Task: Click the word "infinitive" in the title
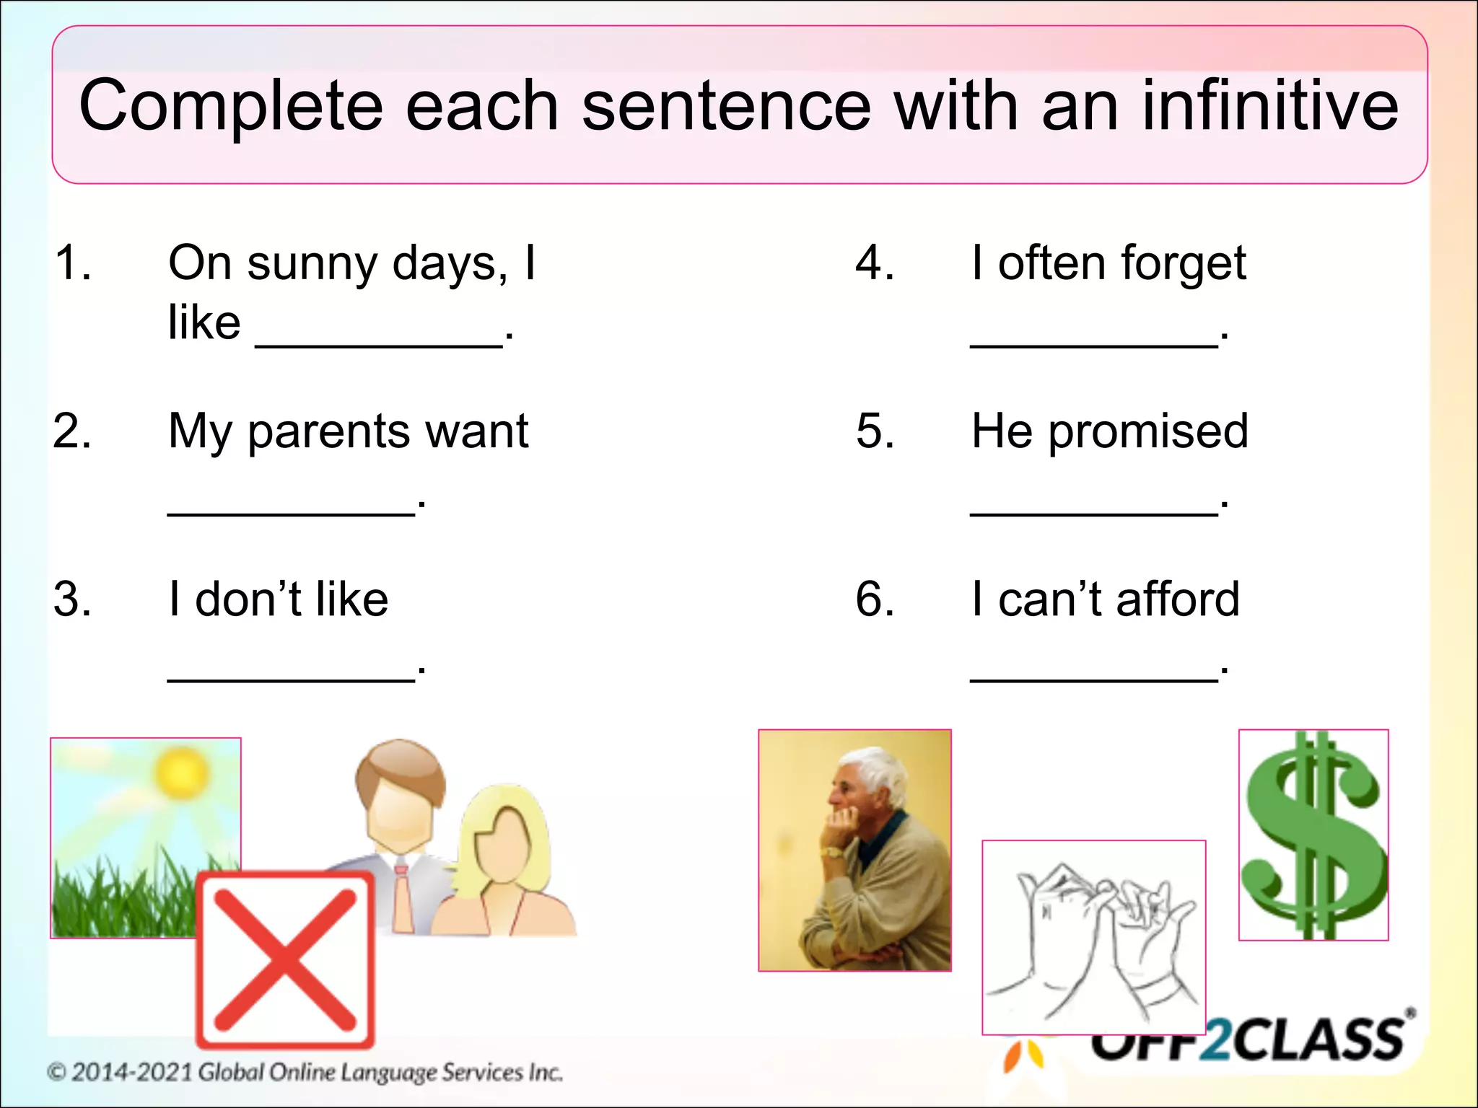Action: pos(1269,107)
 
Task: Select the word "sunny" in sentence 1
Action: pos(312,264)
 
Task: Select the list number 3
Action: pos(72,599)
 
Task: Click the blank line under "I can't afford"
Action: pos(1094,680)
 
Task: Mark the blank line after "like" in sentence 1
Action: pos(380,346)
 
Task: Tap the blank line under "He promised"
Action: pos(1094,513)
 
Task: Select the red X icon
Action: pos(286,959)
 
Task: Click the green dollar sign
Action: pos(1313,837)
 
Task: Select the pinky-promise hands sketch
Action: pos(1093,938)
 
